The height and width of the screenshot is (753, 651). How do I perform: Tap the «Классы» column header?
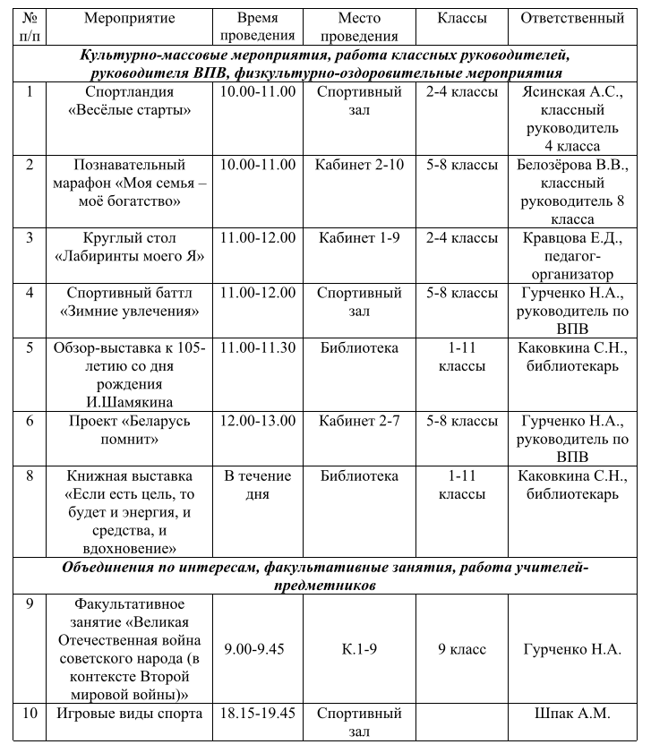tap(462, 18)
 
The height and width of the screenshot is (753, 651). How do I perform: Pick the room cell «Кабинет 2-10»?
tap(359, 165)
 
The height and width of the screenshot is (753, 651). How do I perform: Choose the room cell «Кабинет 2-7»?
tap(359, 421)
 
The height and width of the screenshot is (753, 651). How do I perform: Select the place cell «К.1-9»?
tap(359, 649)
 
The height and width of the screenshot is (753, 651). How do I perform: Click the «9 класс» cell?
tap(462, 649)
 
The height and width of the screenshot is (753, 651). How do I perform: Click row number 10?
tap(30, 714)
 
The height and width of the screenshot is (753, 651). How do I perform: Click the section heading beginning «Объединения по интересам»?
tap(325, 576)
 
